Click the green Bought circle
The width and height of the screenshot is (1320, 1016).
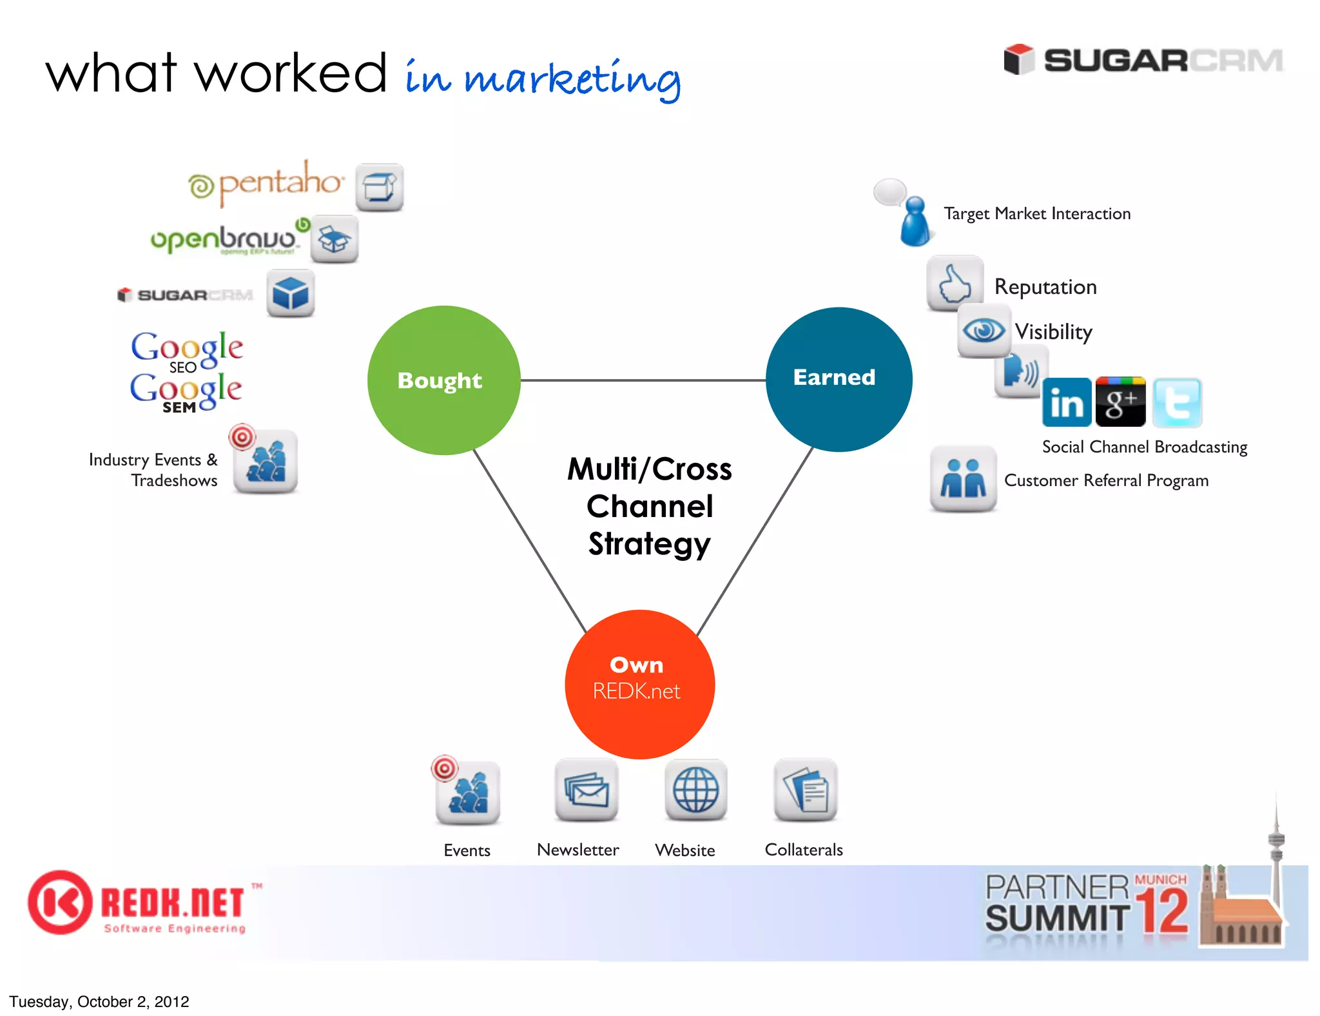443,380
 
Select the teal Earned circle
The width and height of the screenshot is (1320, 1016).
839,379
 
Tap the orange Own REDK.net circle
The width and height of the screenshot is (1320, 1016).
639,684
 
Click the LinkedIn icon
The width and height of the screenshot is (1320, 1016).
1067,403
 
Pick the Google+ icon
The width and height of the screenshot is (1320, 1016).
1121,402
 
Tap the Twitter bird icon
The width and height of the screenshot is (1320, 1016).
1177,403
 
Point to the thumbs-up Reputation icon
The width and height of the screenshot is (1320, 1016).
955,284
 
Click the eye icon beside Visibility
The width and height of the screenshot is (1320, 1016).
984,331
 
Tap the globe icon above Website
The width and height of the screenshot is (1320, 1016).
695,790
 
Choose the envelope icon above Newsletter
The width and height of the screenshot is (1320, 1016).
586,790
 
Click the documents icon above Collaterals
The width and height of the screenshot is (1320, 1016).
805,790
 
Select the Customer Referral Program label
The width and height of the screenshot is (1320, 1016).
1106,480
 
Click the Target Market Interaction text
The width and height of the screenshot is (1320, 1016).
1037,213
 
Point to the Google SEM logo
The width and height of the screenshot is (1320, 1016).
186,392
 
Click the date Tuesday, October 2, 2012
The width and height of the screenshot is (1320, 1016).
99,1001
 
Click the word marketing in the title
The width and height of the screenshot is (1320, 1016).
572,79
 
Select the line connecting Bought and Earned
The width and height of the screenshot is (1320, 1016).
643,380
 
